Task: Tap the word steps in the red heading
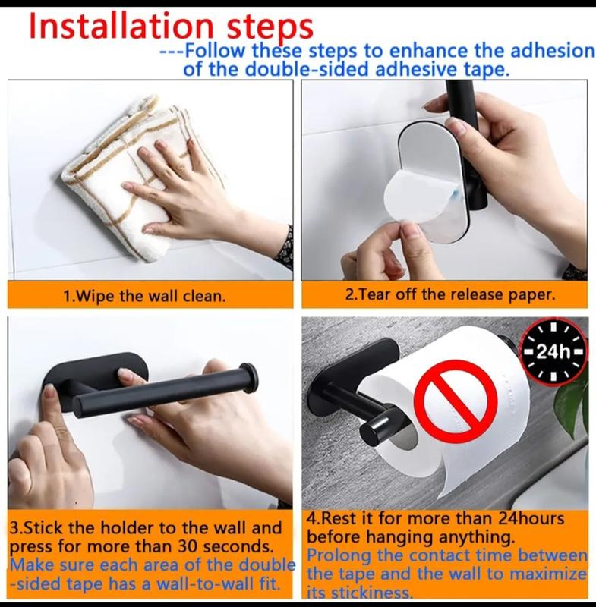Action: (270, 29)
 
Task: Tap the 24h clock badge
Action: (554, 352)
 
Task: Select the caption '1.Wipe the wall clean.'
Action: (144, 296)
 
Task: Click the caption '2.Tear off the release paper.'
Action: (450, 294)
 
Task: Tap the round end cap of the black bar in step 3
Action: (248, 376)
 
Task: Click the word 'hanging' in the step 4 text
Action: (400, 538)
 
